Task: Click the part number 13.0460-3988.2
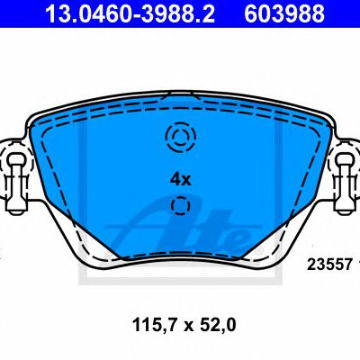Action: [x=130, y=13]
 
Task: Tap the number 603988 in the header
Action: [x=284, y=13]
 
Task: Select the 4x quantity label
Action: [x=180, y=179]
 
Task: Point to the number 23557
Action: [x=329, y=265]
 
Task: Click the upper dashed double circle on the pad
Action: [x=180, y=137]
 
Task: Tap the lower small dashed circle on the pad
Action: [x=180, y=206]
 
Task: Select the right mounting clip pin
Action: [x=345, y=182]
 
